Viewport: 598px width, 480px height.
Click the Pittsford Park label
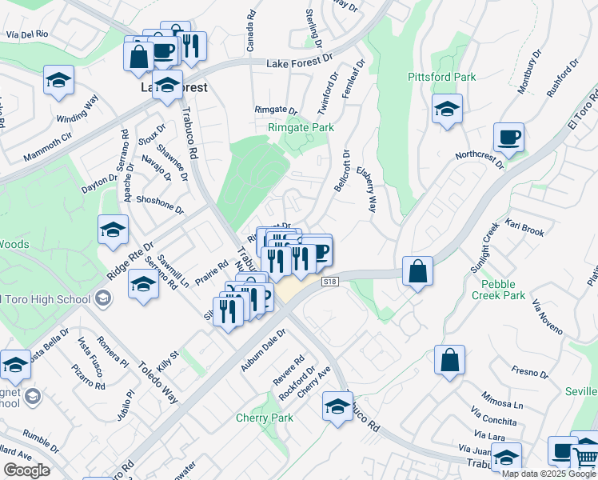[x=441, y=77]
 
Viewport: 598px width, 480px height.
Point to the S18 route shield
[x=329, y=282]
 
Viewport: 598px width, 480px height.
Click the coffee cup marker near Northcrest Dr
[x=508, y=138]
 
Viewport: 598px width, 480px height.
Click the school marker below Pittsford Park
[x=447, y=110]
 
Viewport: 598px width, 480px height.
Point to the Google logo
[x=26, y=470]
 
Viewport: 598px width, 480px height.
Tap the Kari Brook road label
[x=524, y=231]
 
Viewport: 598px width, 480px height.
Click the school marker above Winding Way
[x=59, y=80]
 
